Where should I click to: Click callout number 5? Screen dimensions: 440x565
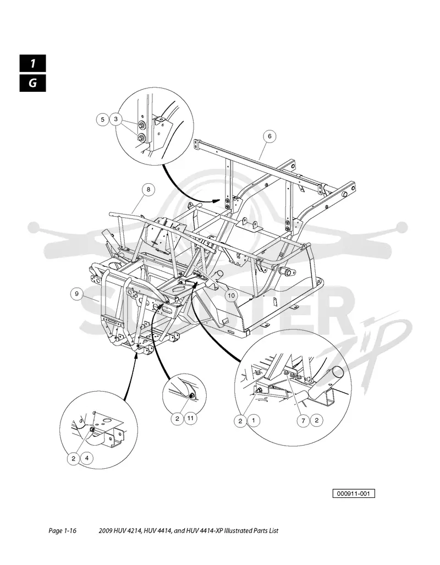103,119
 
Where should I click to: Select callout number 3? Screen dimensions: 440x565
116,119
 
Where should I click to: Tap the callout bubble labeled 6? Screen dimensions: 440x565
269,136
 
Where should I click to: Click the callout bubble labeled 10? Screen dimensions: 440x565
231,296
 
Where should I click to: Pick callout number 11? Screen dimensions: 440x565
191,418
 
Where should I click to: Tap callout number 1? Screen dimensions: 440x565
254,420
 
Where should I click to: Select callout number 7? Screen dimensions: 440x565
304,420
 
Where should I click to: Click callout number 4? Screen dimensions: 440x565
87,459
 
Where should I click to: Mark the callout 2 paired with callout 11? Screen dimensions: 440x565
177,419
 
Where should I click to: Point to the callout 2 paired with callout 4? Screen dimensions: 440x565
74,459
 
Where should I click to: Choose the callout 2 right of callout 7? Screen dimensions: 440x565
316,420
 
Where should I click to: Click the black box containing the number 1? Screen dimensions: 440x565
33,63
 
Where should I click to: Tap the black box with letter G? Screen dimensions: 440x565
33,83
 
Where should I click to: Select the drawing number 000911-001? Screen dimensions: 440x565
354,493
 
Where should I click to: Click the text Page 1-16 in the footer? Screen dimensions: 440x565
62,531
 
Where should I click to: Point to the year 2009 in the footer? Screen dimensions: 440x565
105,531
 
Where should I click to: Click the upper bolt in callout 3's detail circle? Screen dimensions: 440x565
141,125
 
